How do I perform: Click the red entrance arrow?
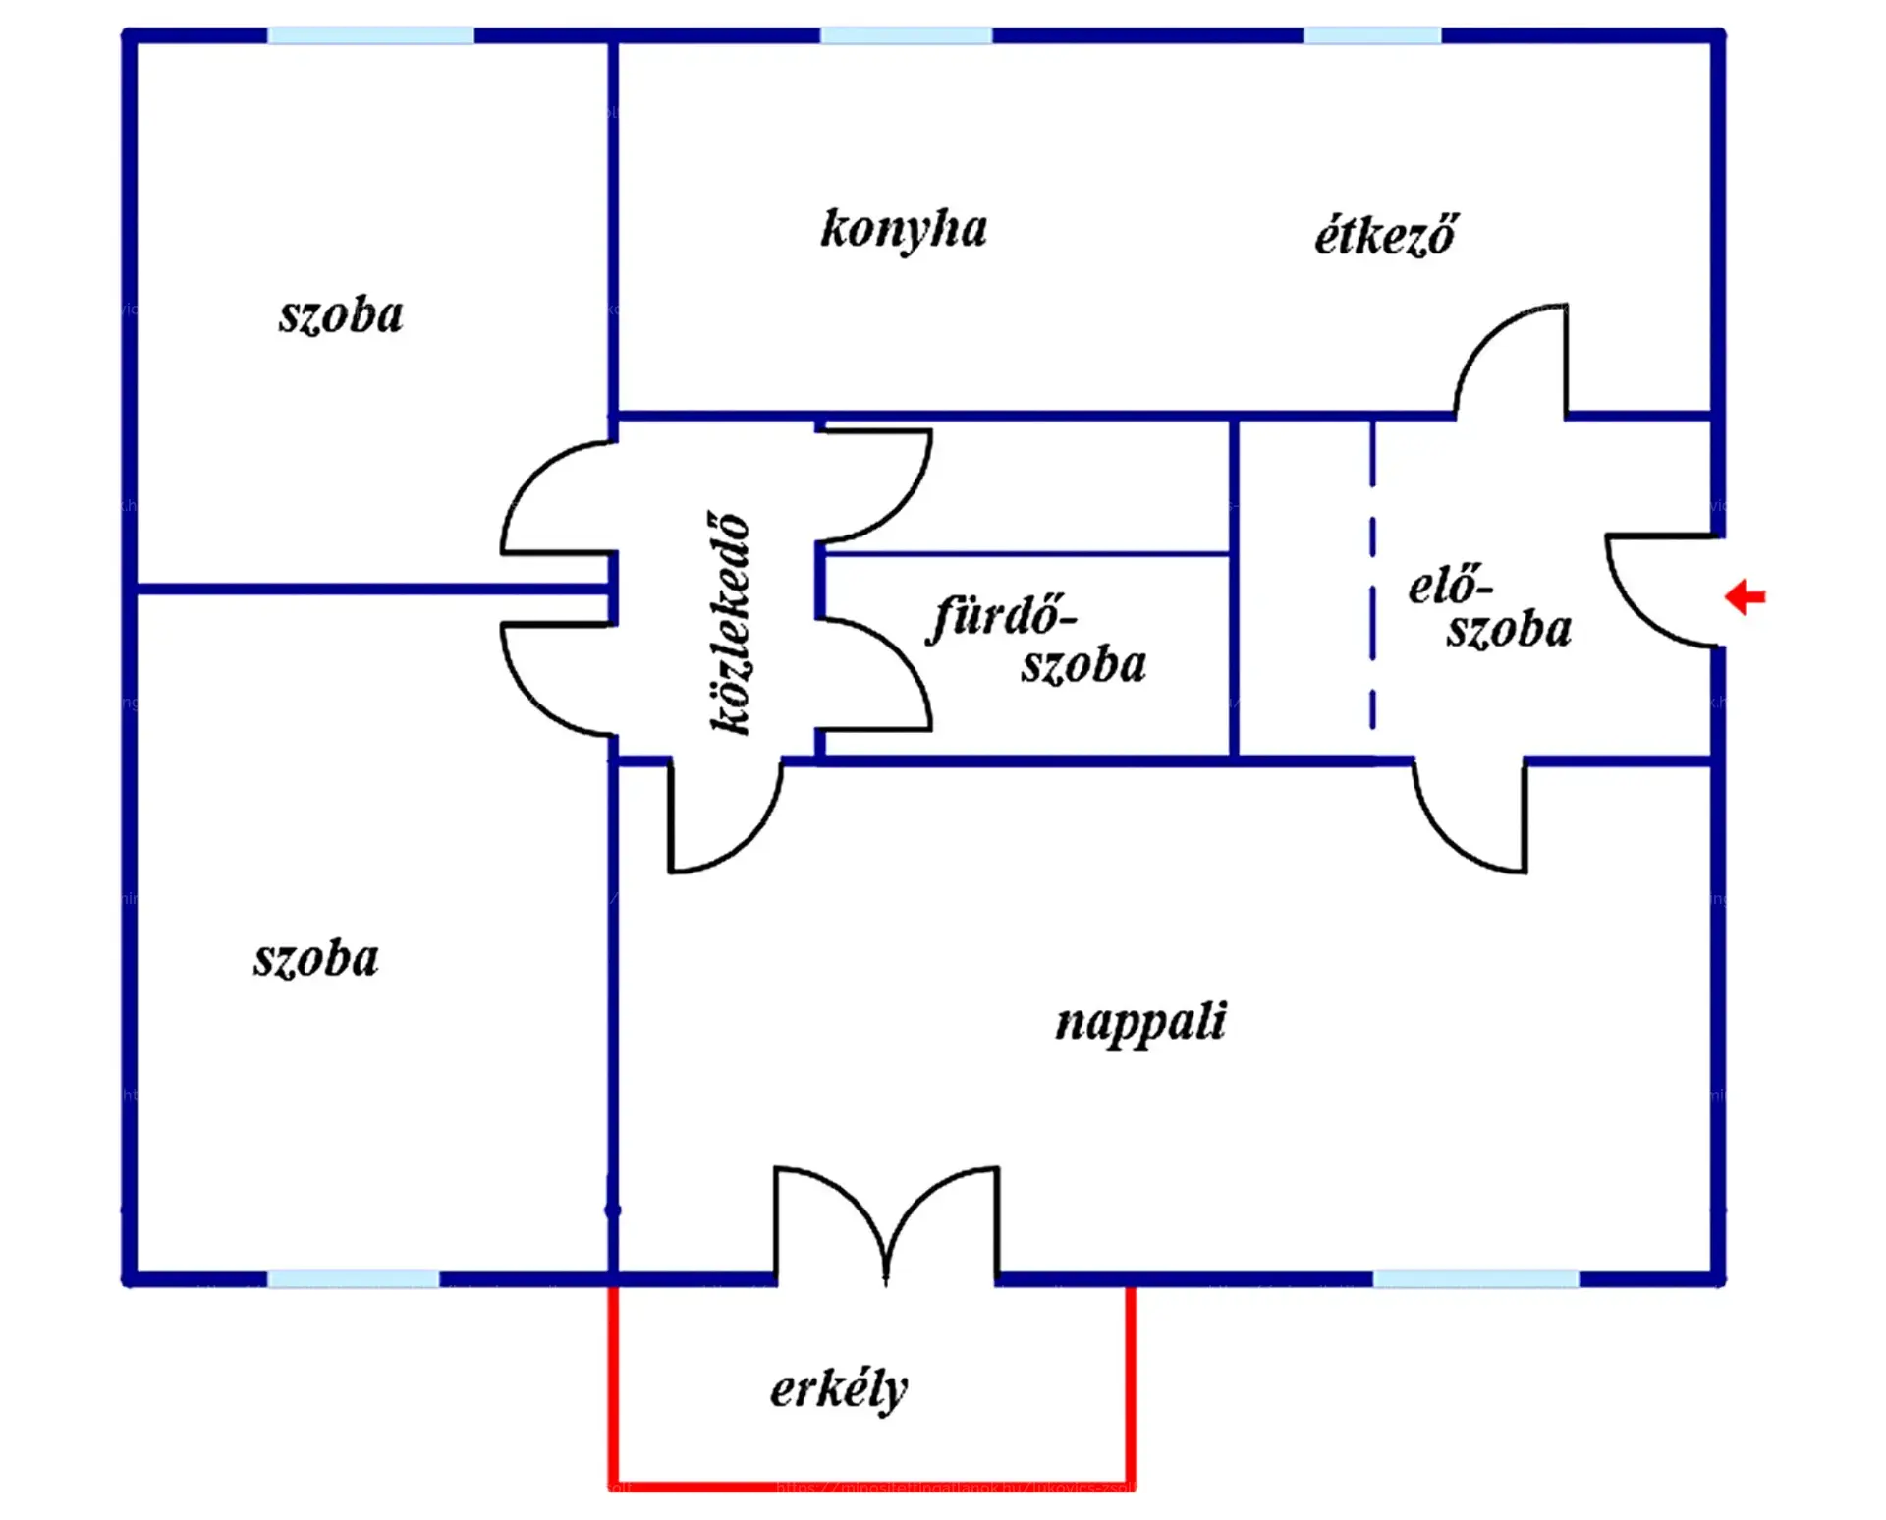click(x=1746, y=596)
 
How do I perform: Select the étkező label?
click(x=1386, y=237)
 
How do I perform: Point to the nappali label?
click(x=1140, y=1023)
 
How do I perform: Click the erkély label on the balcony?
click(x=839, y=1389)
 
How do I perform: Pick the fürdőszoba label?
click(x=1036, y=640)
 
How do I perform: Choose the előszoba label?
click(x=1489, y=608)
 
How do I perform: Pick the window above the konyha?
click(x=906, y=36)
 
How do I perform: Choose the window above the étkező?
click(x=1372, y=36)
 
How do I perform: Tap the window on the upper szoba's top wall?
click(x=370, y=36)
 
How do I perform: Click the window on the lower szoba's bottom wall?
click(x=353, y=1278)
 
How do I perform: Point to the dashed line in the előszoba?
click(x=1372, y=580)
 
